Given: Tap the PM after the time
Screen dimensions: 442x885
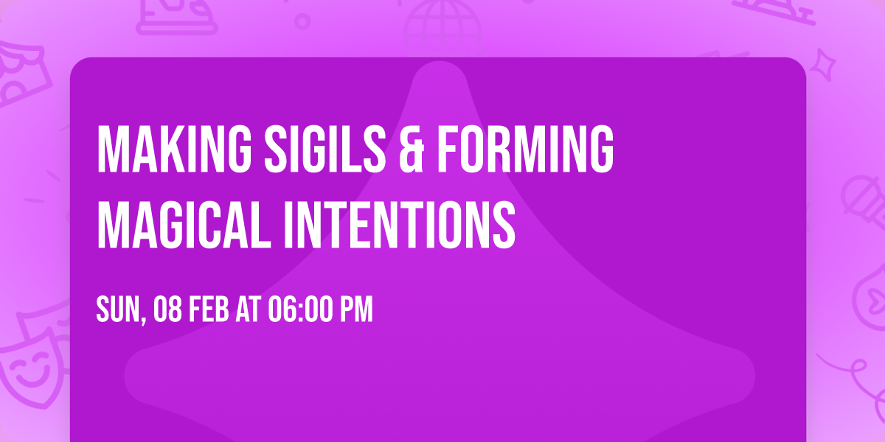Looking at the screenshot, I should coord(356,310).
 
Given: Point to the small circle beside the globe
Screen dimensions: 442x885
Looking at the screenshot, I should coord(303,21).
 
